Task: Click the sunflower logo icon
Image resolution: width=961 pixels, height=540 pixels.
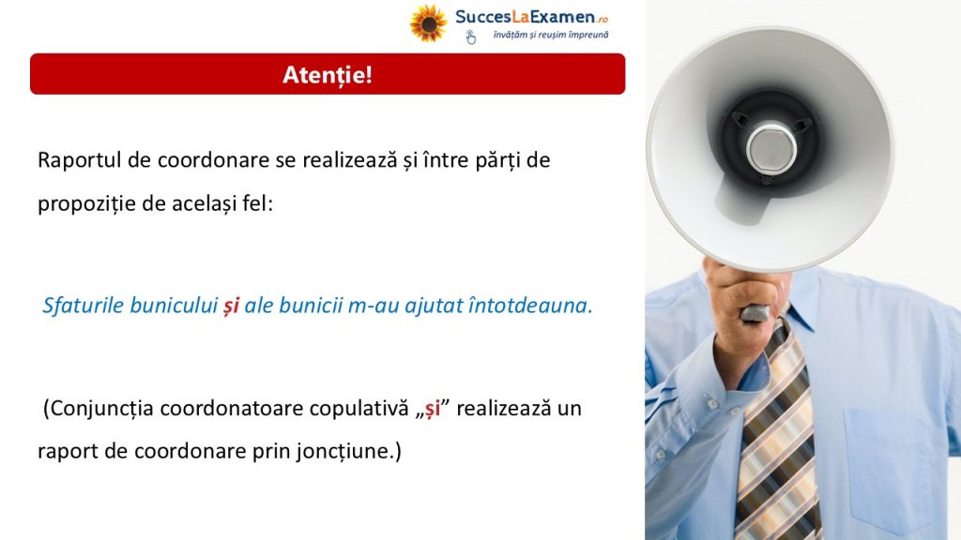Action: [x=428, y=23]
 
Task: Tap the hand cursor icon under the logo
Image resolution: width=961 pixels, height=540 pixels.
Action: [x=471, y=37]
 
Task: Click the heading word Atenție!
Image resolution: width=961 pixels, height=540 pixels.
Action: [x=328, y=75]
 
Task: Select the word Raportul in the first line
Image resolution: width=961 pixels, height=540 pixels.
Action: [x=80, y=160]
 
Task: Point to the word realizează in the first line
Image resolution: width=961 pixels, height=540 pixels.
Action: [x=350, y=160]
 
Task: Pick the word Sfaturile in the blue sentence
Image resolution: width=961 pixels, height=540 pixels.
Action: [x=83, y=305]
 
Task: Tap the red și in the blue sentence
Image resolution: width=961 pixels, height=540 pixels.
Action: [x=231, y=306]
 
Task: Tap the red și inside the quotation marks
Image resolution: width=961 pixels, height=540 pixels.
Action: [x=433, y=410]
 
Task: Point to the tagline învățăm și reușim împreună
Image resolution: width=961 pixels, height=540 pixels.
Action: [x=551, y=35]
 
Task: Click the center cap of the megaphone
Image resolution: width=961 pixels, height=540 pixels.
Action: [x=771, y=148]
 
